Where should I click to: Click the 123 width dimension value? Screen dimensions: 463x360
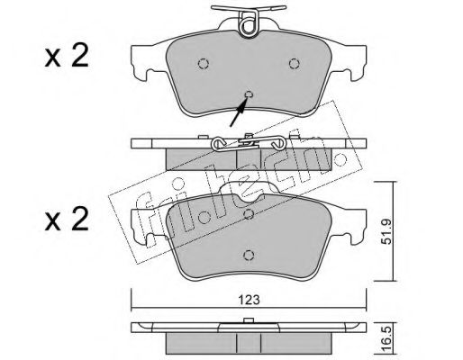(x=250, y=300)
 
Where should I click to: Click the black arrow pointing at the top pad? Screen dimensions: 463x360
(x=239, y=112)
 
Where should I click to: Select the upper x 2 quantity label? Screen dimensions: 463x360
(x=67, y=56)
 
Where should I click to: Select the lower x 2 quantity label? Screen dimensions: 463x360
(x=67, y=220)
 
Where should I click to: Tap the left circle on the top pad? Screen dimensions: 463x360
(x=204, y=64)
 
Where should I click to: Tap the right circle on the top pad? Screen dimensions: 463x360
(x=294, y=64)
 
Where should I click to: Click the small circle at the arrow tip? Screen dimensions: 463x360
(x=249, y=94)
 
